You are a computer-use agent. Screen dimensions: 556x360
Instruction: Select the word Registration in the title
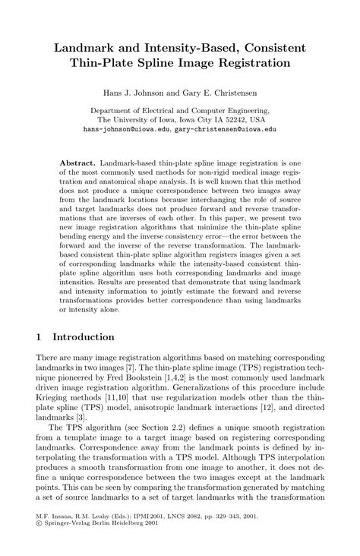click(x=252, y=63)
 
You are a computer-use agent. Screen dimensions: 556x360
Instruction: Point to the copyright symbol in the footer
click(x=39, y=532)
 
